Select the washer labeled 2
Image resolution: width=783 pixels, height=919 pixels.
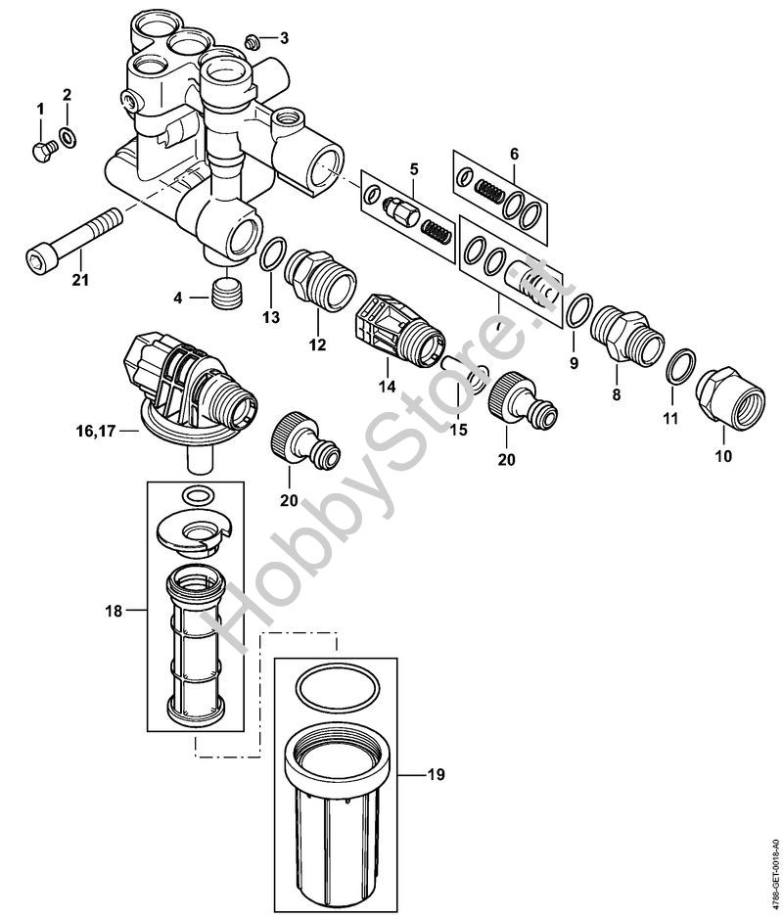pyautogui.click(x=68, y=137)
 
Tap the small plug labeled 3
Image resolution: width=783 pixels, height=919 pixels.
pyautogui.click(x=253, y=42)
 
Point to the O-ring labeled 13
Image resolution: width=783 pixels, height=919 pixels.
pyautogui.click(x=272, y=255)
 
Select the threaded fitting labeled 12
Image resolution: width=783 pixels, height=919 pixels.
pyautogui.click(x=320, y=281)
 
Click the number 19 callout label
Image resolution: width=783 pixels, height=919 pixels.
pyautogui.click(x=437, y=774)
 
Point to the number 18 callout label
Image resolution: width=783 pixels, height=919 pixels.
pyautogui.click(x=114, y=611)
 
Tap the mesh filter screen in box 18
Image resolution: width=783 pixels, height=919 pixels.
pyautogui.click(x=195, y=647)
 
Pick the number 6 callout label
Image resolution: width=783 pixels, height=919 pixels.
pyautogui.click(x=514, y=154)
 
